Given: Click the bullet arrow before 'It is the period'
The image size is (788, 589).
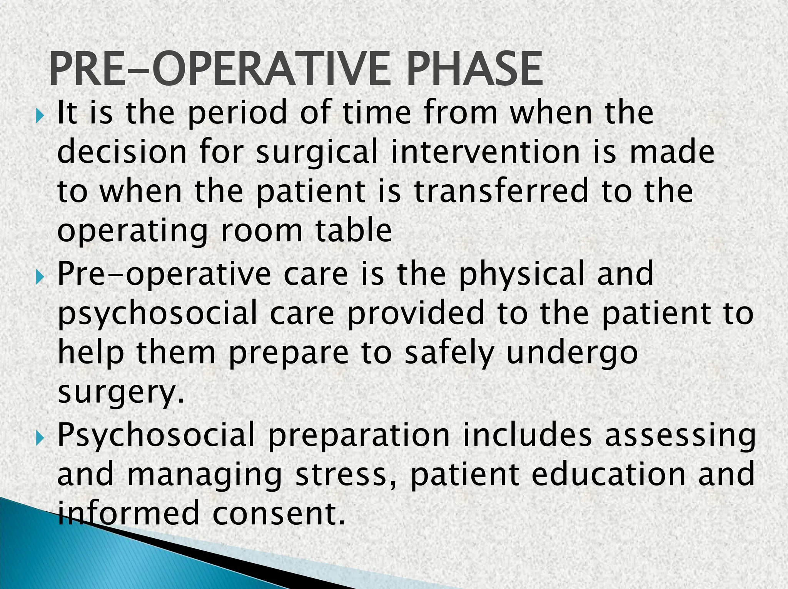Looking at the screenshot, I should [40, 115].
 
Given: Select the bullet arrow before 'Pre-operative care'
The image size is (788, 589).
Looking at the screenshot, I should [40, 277].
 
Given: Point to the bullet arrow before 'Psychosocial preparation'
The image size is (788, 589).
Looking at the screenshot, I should [40, 438].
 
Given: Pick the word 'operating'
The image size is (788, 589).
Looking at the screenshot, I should [133, 233].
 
